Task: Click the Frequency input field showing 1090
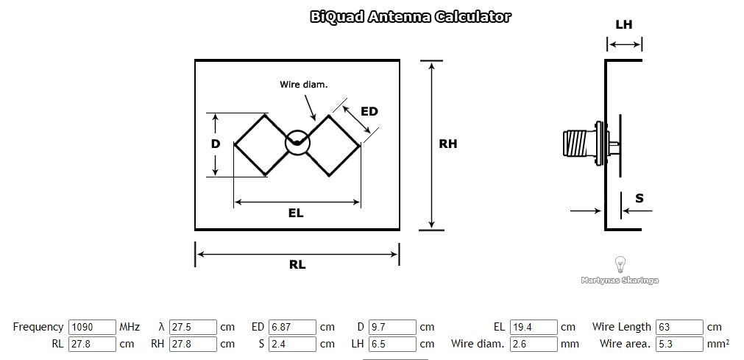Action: [x=92, y=327]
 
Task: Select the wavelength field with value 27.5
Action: [x=193, y=327]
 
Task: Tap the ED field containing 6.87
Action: [x=293, y=327]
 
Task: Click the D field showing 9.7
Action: [x=392, y=327]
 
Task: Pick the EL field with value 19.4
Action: [x=534, y=327]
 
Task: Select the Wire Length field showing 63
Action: [x=679, y=327]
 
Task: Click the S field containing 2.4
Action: [x=293, y=344]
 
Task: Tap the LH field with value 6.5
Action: [x=392, y=344]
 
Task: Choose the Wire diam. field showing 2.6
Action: [x=534, y=344]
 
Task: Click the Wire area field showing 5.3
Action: [x=679, y=344]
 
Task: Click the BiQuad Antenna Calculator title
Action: [x=411, y=17]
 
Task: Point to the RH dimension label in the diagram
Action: [x=447, y=144]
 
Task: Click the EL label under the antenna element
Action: [x=296, y=213]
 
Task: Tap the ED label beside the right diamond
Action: [x=369, y=111]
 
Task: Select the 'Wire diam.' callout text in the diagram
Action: [x=303, y=85]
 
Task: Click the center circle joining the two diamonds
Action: [x=297, y=143]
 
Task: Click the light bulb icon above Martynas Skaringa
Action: [x=620, y=264]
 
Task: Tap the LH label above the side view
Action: [x=623, y=25]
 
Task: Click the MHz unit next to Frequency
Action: [x=130, y=327]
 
